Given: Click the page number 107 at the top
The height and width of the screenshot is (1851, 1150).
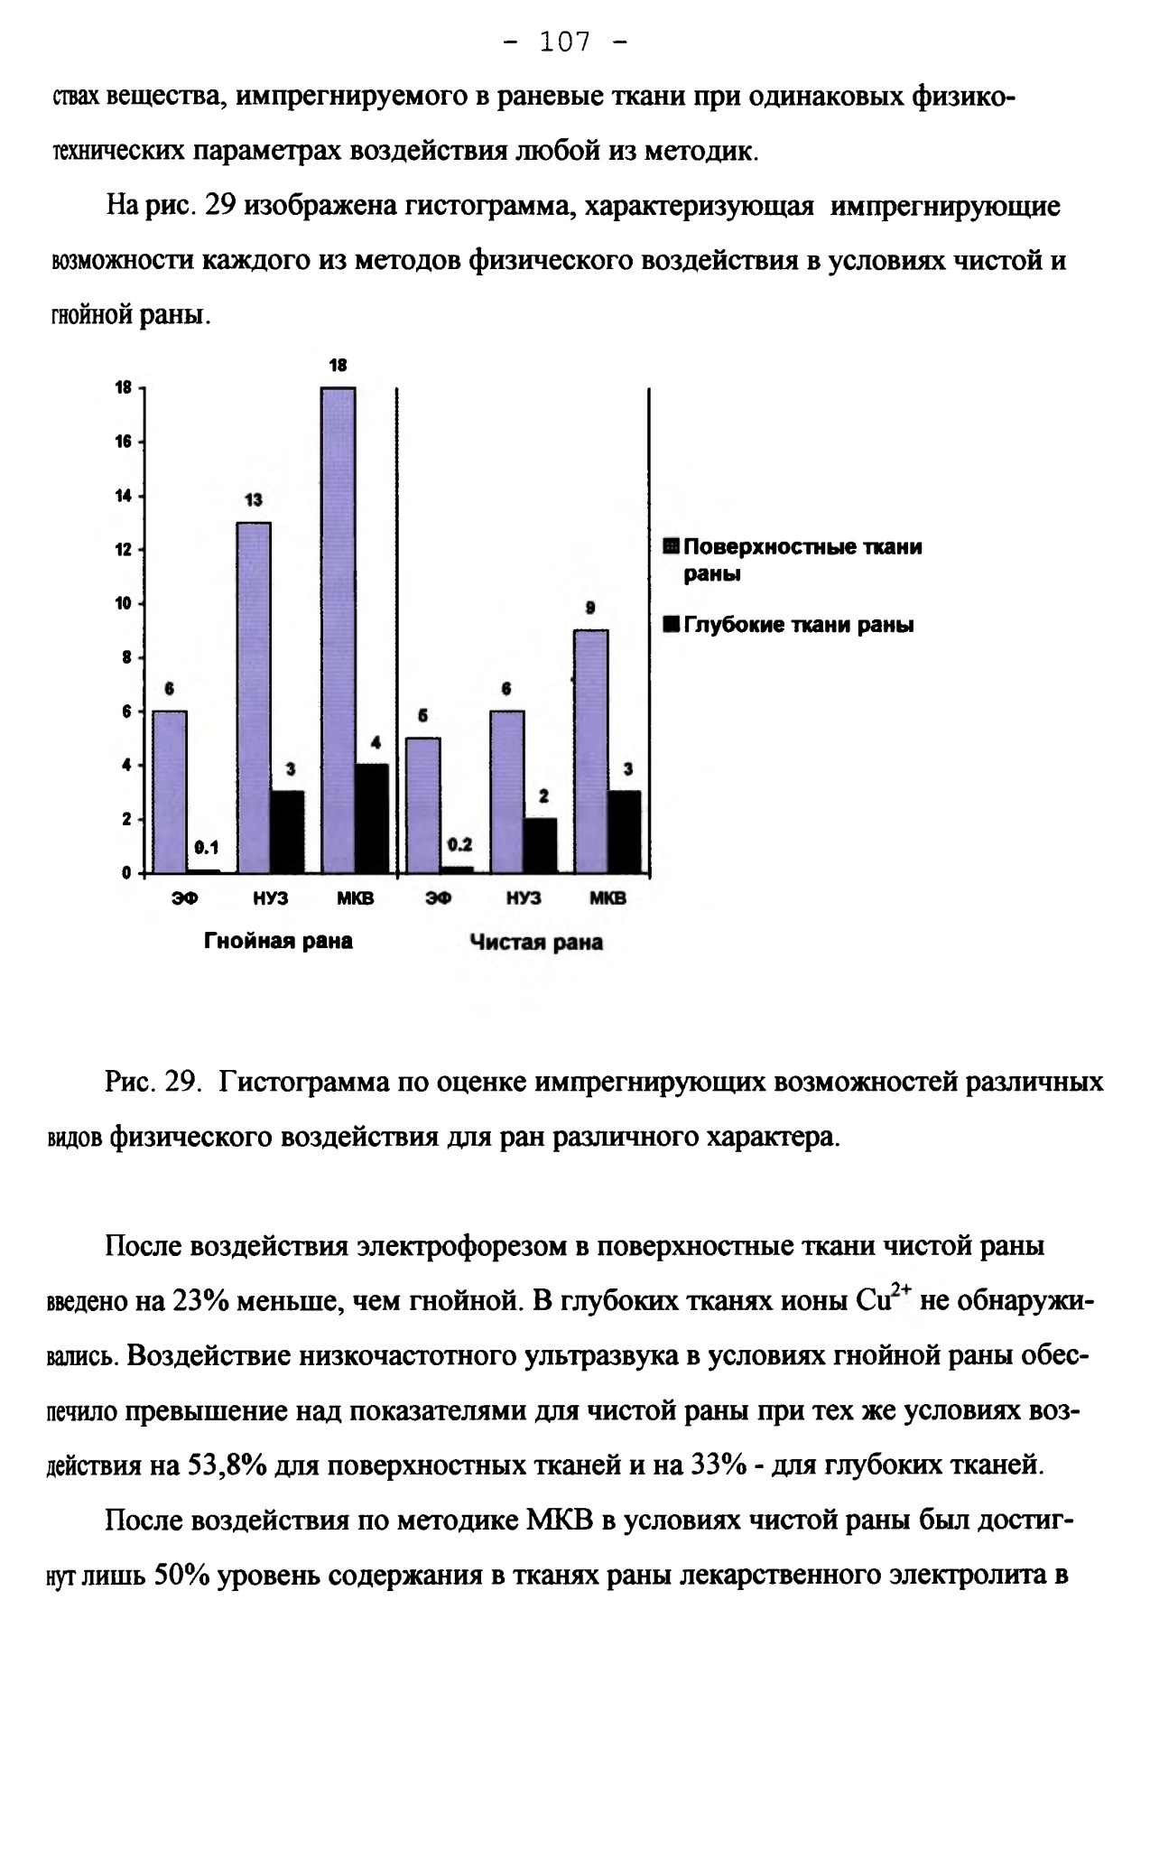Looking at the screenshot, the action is click(x=565, y=42).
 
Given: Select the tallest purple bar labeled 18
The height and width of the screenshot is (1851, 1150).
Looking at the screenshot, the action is click(x=339, y=630).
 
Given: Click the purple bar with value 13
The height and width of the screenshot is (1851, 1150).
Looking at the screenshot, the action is click(x=254, y=698).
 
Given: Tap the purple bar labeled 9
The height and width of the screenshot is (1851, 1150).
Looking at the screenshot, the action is click(x=591, y=751).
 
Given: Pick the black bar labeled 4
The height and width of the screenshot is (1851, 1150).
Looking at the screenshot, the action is click(x=372, y=819).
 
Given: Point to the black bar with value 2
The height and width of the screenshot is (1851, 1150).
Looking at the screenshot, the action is click(x=541, y=846).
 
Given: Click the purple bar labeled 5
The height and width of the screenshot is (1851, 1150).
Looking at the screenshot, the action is click(x=423, y=805).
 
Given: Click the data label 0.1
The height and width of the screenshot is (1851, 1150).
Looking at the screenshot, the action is click(x=207, y=848).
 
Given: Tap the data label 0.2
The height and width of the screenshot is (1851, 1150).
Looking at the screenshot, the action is click(x=460, y=844).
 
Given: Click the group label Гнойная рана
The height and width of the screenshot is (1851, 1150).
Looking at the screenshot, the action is click(x=278, y=941).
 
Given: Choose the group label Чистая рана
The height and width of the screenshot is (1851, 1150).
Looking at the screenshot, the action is click(x=536, y=943).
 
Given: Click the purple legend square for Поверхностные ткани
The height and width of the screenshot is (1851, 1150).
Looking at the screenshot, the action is click(x=671, y=546).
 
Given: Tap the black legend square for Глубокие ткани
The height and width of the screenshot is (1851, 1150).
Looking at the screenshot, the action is click(x=671, y=625).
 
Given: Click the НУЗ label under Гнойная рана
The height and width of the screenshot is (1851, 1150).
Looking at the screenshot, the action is click(x=271, y=899).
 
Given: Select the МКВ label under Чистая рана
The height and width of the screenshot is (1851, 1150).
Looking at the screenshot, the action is click(x=608, y=899).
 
